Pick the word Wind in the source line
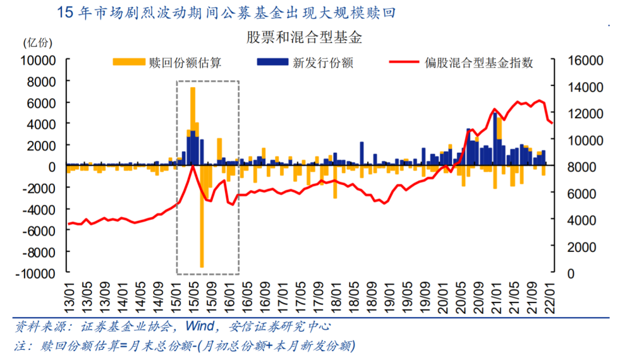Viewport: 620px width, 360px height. [198, 327]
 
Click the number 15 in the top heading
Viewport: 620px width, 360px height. [65, 13]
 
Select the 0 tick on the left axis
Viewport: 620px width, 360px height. [53, 167]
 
